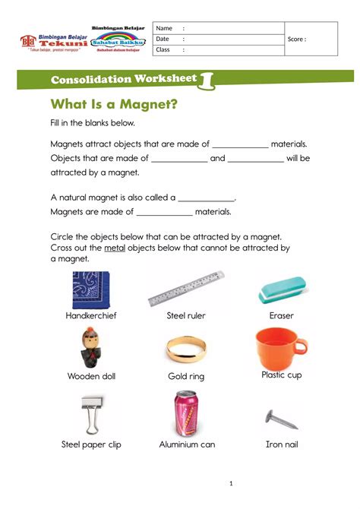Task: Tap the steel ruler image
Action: [186, 290]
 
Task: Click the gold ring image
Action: [186, 351]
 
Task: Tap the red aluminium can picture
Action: [187, 413]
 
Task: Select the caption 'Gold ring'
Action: [186, 377]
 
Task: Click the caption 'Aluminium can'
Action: [187, 444]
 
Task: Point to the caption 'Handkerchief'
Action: [91, 315]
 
